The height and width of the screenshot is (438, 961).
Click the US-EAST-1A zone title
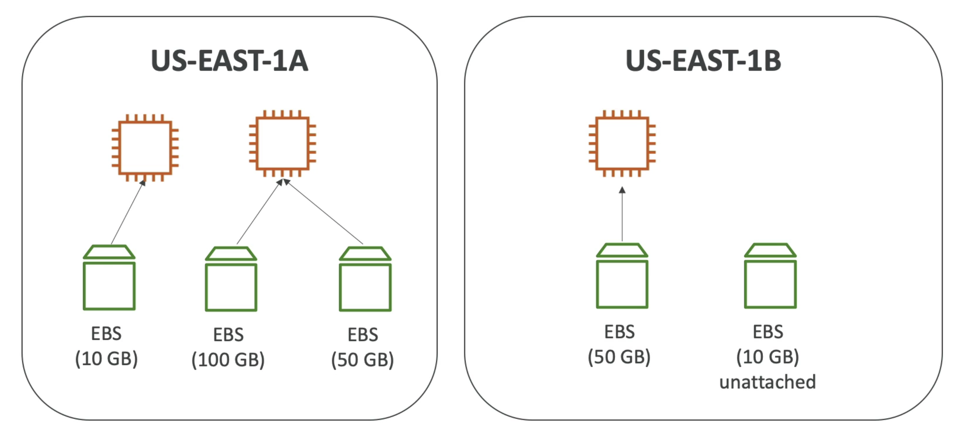pos(229,60)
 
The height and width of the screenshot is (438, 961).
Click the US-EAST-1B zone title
pos(703,60)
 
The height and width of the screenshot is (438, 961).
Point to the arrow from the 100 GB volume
pos(260,211)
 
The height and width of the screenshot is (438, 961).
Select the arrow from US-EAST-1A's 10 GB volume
pos(128,212)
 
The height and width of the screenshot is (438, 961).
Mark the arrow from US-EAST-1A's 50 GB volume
pos(323,211)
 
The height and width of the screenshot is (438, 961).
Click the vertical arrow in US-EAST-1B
pos(622,214)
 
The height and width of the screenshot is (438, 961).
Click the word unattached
pos(767,382)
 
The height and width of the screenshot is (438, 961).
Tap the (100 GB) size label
pos(228,360)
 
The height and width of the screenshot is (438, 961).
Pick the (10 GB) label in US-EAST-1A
pos(106,359)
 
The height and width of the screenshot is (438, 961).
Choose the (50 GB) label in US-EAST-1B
pos(619,357)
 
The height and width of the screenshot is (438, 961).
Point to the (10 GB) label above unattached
pos(767,357)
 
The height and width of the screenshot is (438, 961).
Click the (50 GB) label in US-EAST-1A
pos(362,360)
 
